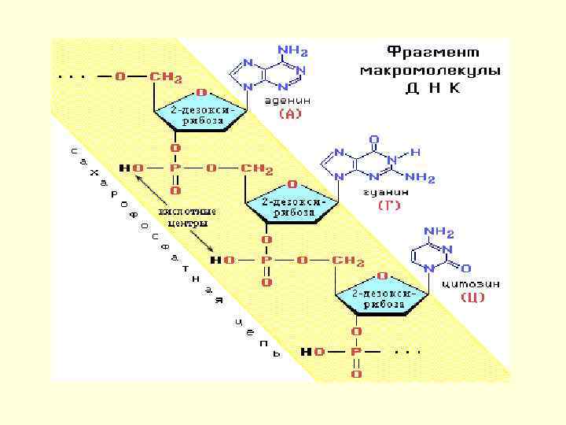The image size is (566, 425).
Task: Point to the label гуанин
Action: tap(385, 191)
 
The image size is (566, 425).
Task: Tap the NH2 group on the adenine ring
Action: tap(292, 51)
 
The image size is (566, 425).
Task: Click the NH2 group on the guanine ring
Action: tap(421, 179)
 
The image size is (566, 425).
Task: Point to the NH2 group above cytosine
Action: tap(439, 231)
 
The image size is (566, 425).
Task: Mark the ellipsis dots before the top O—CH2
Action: tap(75, 76)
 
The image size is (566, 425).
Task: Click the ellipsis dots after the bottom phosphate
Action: tap(407, 351)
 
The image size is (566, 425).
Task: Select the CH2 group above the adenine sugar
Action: tap(167, 77)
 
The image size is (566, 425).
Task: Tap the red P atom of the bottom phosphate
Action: tap(356, 352)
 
